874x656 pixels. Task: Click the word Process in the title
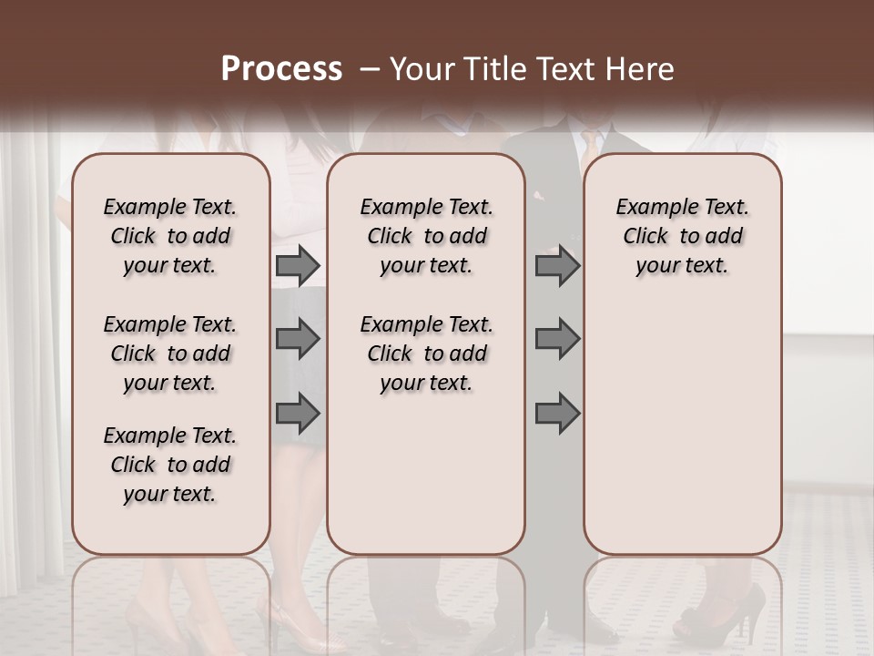click(281, 69)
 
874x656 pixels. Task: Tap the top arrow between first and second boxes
click(298, 265)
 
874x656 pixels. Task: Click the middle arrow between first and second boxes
click(298, 340)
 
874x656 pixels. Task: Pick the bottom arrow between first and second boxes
click(298, 414)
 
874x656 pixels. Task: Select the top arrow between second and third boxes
click(557, 265)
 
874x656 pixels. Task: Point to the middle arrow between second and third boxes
click(557, 340)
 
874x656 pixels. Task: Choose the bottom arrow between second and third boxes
click(557, 414)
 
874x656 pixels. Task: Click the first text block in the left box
click(170, 236)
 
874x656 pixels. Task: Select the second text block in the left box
click(170, 354)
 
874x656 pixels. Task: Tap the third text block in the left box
click(170, 465)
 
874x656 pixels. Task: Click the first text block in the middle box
click(427, 236)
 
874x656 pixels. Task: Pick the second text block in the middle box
click(427, 354)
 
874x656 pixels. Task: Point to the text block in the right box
click(683, 236)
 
